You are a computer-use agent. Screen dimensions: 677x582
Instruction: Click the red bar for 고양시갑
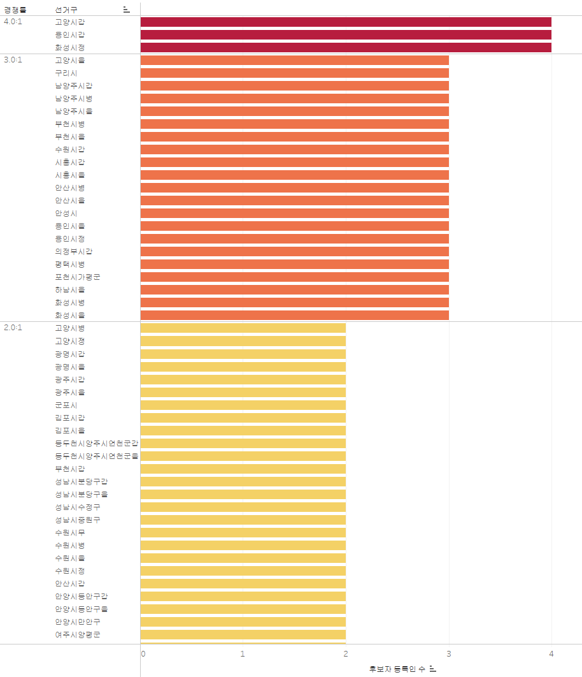pos(346,22)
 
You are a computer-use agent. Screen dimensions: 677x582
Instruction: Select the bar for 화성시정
pos(346,48)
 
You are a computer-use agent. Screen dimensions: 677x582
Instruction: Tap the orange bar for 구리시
pos(294,73)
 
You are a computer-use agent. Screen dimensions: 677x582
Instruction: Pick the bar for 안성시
pos(294,214)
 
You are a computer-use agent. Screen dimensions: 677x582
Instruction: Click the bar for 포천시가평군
pos(294,277)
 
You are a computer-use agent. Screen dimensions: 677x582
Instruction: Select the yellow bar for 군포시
pos(243,405)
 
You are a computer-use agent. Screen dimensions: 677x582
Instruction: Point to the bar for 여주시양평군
pos(243,634)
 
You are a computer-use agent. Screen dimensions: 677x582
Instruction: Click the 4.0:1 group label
pos(13,22)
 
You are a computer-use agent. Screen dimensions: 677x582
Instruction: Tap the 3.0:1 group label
pos(13,60)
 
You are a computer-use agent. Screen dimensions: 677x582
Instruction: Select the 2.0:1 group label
pos(13,328)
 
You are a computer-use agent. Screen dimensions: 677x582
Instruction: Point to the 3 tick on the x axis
pos(449,654)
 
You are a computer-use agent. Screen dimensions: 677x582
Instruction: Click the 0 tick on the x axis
pos(143,654)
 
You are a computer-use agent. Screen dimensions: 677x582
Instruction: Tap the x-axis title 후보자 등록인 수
pos(397,669)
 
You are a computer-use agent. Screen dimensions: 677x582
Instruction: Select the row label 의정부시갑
pos(74,252)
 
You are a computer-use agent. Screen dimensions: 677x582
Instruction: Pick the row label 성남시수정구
pos(77,507)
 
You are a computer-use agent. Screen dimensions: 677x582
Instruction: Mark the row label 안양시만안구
pos(77,622)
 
